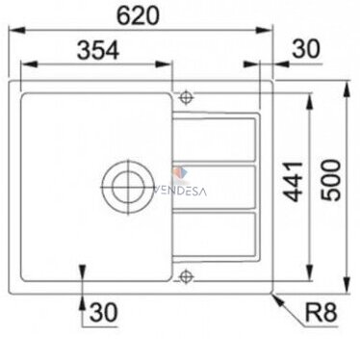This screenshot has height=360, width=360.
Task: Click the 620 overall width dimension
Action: click(138, 16)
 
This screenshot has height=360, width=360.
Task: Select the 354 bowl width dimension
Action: click(98, 50)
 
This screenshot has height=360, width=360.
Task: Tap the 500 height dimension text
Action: click(331, 180)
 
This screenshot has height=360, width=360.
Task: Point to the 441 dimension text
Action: click(293, 182)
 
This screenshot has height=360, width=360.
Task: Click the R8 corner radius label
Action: click(321, 313)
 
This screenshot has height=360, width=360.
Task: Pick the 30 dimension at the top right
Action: click(306, 49)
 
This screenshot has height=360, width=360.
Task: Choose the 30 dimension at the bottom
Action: click(104, 312)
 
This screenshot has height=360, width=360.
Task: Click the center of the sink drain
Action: click(128, 188)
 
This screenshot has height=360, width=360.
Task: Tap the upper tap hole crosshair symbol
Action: click(186, 97)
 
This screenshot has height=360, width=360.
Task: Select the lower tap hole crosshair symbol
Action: click(186, 276)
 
